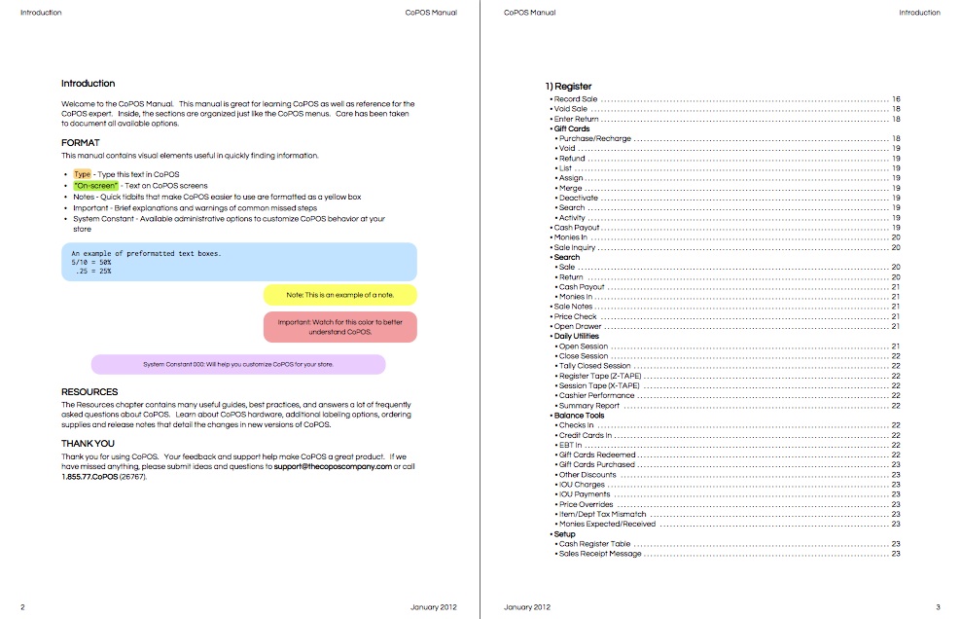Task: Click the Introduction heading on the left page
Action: click(x=88, y=84)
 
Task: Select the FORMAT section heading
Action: click(x=80, y=142)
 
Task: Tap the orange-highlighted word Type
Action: click(x=82, y=174)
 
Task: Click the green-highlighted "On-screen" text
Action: click(x=95, y=185)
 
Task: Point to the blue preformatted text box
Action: click(x=238, y=262)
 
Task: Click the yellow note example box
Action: click(x=339, y=294)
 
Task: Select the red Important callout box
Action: click(x=339, y=326)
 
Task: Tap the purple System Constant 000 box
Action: click(x=237, y=364)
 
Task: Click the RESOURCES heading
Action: click(x=89, y=392)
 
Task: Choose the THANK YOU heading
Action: click(x=88, y=443)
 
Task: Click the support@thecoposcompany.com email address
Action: click(x=333, y=467)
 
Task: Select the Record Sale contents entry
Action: click(x=576, y=99)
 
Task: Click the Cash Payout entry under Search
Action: click(x=582, y=287)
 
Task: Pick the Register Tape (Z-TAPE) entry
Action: click(x=599, y=376)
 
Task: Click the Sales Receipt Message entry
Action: click(x=600, y=554)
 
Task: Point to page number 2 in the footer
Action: click(x=22, y=607)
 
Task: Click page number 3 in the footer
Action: click(x=938, y=607)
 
